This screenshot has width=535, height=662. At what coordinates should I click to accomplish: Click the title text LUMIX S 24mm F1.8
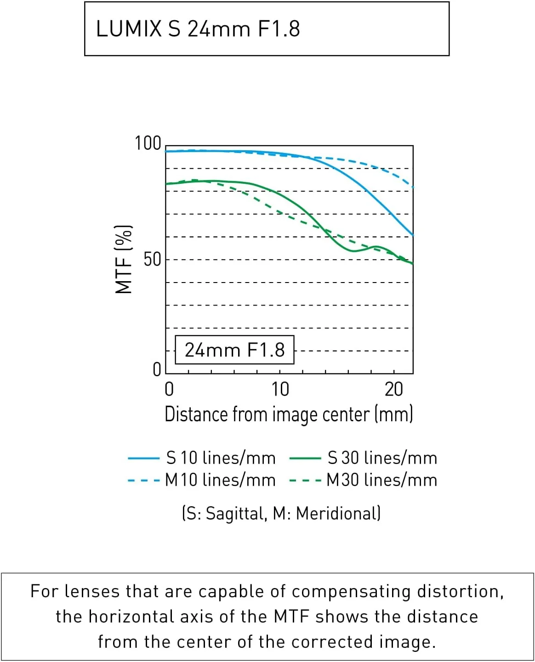pos(198,28)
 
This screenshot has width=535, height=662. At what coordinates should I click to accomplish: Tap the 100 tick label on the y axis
pos(148,143)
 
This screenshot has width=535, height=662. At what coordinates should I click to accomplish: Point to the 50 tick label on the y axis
pos(153,260)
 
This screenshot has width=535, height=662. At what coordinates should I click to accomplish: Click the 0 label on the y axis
pos(157,369)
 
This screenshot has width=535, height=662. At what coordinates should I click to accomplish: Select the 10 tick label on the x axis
pos(280,390)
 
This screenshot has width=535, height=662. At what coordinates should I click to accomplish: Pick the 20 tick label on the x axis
pos(394,390)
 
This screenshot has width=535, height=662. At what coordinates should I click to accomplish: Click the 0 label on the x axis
pos(169,390)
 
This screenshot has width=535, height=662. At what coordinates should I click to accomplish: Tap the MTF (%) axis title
pos(124,259)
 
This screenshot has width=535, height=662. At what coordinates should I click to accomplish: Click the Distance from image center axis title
pos(289,414)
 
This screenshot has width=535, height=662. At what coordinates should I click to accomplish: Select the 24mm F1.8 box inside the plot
pos(234,350)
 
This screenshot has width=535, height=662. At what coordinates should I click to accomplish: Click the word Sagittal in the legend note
pos(236,513)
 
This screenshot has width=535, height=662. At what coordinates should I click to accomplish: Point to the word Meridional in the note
pos(338,513)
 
